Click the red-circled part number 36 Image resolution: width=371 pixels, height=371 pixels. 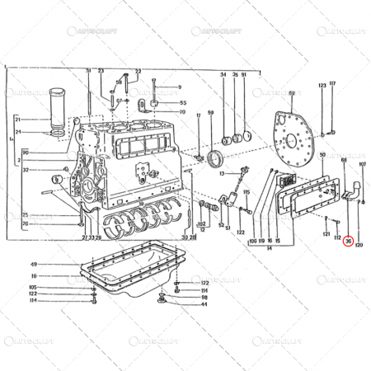[348, 242]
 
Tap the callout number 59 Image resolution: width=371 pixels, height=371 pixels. [211, 112]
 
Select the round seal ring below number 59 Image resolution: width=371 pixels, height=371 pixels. [218, 158]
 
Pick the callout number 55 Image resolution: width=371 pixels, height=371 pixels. [182, 102]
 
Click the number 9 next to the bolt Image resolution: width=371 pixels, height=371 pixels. [178, 87]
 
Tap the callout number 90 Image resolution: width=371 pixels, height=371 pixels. [26, 153]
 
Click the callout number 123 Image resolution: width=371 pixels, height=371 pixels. [322, 86]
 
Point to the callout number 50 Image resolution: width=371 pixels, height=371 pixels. [322, 155]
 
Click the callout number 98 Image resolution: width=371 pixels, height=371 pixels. [204, 298]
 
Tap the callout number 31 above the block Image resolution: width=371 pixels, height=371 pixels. [87, 73]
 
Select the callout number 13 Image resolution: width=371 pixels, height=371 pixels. [222, 174]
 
